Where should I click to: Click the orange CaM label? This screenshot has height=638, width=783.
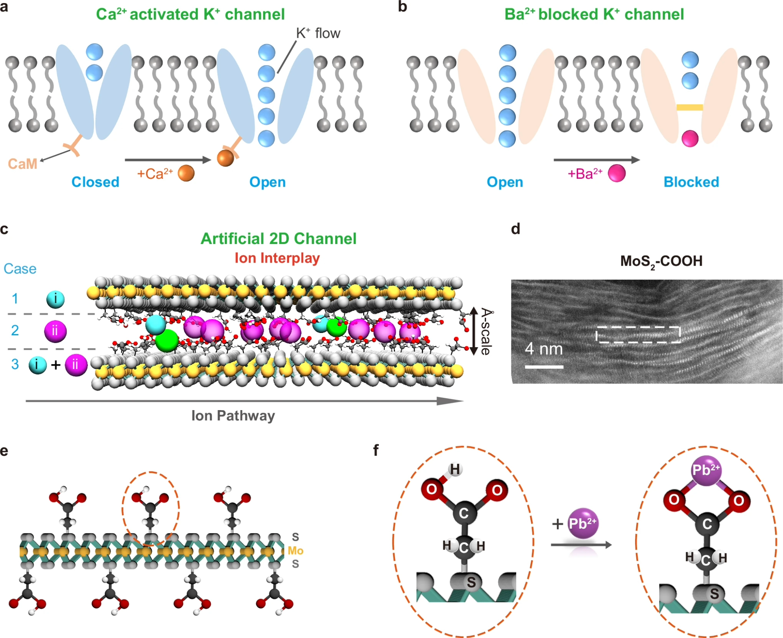coord(23,164)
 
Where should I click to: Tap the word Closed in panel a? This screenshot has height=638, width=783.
coord(95,182)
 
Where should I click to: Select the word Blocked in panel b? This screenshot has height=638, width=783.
coord(691,182)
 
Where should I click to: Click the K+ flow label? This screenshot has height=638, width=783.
coord(318,33)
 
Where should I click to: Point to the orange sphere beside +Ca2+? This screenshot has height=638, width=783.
coord(186,173)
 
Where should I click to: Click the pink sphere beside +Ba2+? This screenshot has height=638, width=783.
coord(617,173)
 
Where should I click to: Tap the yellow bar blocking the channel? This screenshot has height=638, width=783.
coord(689,107)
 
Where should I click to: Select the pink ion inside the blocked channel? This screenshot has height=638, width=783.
coord(690,139)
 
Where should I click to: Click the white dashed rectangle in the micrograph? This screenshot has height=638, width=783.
coord(638,335)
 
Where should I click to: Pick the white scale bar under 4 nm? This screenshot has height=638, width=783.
coord(544,367)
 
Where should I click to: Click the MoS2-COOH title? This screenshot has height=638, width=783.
coord(661,261)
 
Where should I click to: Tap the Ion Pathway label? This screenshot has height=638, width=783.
coord(233,416)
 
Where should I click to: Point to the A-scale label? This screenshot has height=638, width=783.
coord(486,332)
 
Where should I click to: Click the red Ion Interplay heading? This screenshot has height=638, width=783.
coord(277,258)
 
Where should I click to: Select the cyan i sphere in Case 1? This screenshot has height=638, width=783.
coord(55,299)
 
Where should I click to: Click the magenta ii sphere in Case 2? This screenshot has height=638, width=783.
coord(55,331)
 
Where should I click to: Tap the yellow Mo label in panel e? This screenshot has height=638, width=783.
coord(295,551)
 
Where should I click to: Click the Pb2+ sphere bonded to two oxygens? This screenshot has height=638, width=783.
coord(706,470)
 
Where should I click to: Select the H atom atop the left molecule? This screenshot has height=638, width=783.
coord(455,469)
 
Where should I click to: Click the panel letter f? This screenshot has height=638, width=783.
coord(376,451)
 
